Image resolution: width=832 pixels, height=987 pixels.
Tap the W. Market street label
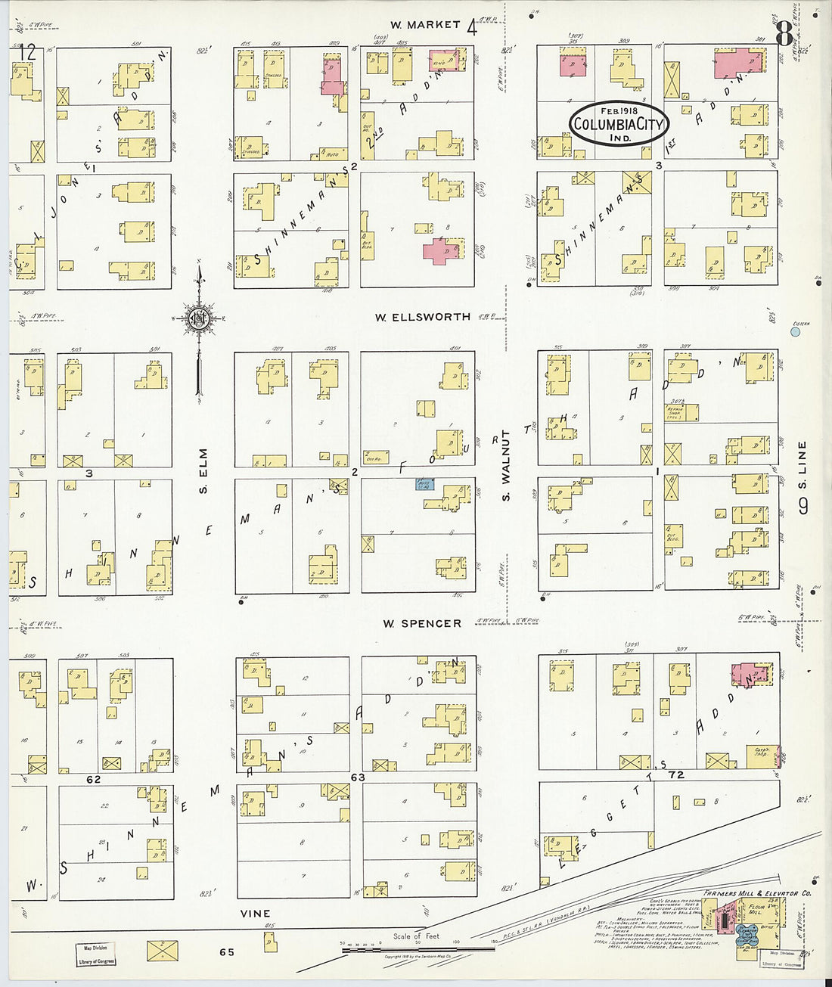point(425,25)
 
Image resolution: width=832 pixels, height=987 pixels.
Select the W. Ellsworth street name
point(422,317)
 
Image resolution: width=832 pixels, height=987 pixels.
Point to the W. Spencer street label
point(421,624)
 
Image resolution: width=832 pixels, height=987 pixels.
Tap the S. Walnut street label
point(506,465)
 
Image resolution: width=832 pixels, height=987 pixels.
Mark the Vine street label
point(255,914)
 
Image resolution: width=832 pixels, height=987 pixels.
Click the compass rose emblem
point(198,318)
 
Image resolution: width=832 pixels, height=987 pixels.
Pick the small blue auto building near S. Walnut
point(424,484)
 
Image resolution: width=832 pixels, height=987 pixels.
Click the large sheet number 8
point(784,33)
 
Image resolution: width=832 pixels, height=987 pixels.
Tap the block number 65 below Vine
point(226,952)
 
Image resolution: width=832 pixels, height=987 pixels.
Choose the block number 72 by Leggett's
point(675,775)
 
